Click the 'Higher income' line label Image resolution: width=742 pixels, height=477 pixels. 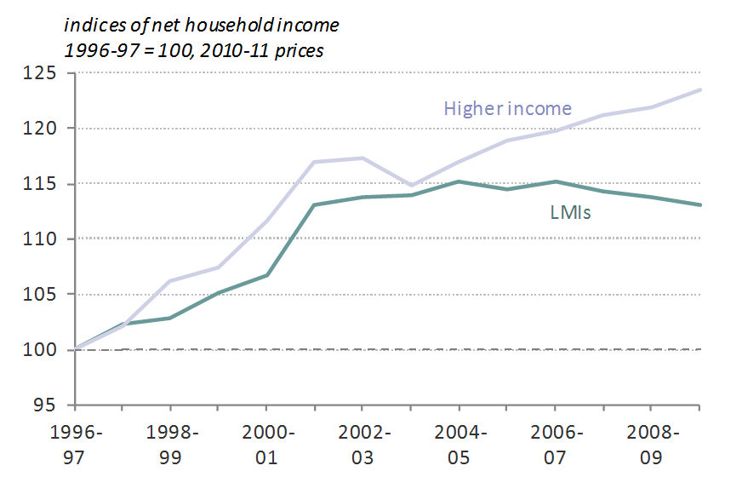(x=507, y=108)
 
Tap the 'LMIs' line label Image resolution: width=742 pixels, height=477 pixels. (x=569, y=212)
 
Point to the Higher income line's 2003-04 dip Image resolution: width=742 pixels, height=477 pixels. (x=412, y=185)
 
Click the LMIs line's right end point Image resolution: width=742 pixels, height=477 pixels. (x=699, y=204)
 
